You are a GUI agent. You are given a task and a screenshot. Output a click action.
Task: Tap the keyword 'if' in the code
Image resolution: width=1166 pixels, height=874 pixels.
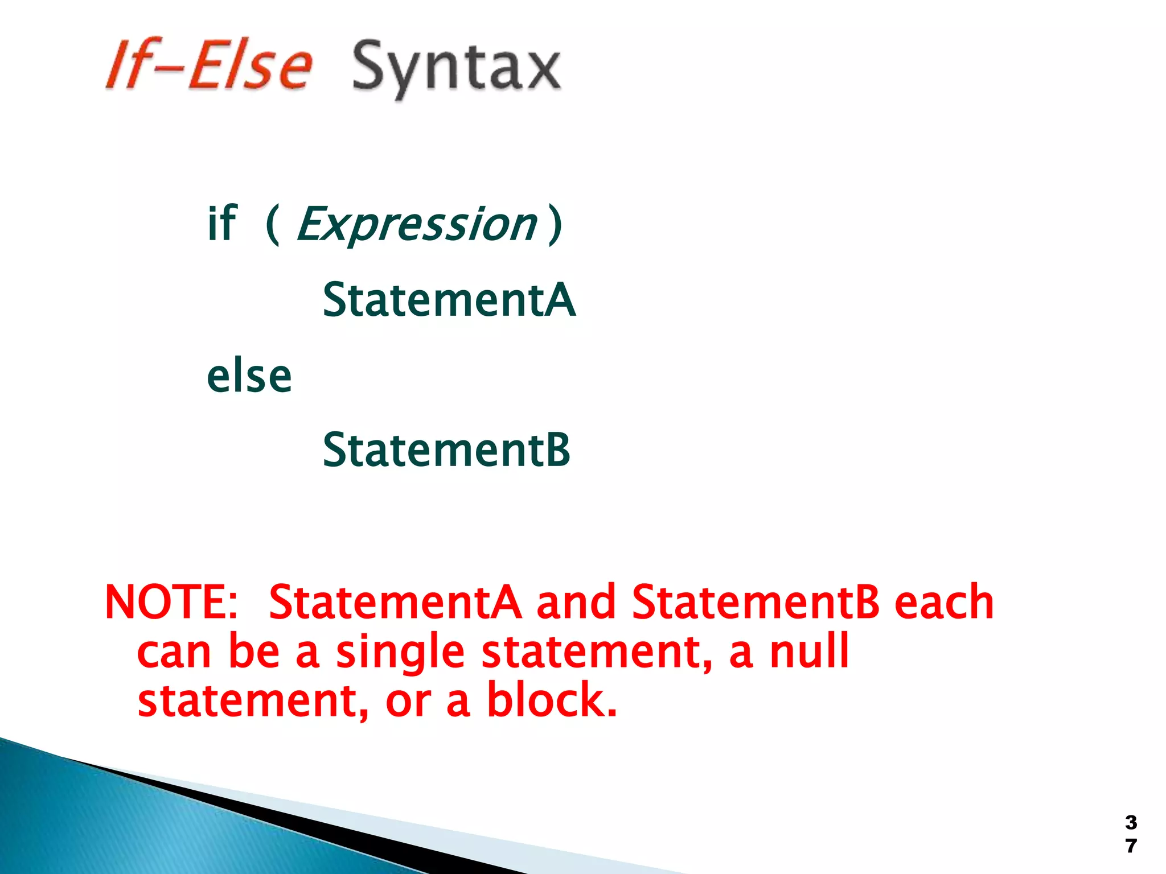[221, 223]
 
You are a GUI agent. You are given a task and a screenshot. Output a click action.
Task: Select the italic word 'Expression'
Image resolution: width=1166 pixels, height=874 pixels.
[417, 224]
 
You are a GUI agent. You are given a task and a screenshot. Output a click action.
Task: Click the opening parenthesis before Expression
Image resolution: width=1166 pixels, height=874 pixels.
[273, 224]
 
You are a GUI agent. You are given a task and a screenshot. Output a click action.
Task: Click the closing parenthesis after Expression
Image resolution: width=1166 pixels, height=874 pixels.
[555, 224]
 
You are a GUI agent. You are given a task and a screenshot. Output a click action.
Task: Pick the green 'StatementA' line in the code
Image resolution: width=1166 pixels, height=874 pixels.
[449, 300]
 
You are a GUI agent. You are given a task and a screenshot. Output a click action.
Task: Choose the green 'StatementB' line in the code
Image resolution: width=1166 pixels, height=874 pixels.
[446, 450]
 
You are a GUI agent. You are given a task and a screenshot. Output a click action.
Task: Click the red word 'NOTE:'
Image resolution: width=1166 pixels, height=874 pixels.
[171, 602]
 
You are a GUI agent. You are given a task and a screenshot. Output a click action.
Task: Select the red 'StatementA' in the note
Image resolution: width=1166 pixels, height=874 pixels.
[395, 602]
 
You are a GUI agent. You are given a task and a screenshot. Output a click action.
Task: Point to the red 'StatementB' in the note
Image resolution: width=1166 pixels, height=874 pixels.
[756, 602]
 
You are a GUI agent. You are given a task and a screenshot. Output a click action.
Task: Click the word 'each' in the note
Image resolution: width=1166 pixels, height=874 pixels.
[944, 602]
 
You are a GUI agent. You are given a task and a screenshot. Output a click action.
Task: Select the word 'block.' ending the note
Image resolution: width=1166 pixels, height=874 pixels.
[552, 700]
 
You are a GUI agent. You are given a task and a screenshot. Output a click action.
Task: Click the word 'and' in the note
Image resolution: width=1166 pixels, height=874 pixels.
[576, 602]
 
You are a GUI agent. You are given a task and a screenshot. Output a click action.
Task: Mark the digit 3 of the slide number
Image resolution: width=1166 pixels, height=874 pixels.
[1131, 822]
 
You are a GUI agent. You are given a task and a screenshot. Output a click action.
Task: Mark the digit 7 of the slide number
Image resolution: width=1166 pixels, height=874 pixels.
[1131, 846]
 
